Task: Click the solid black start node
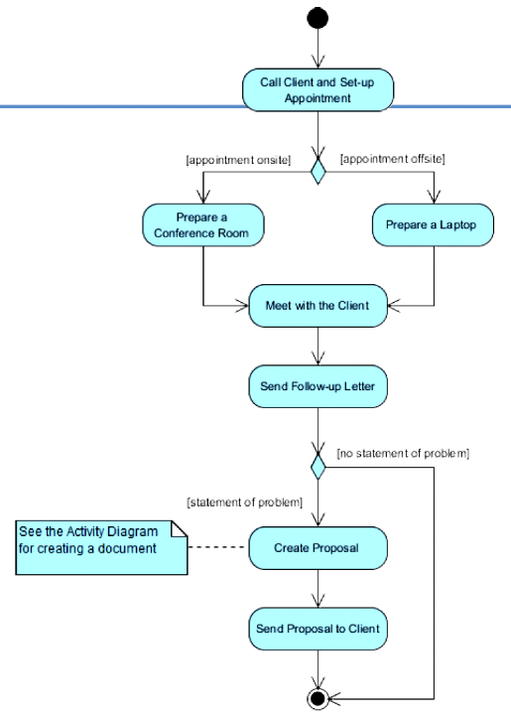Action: tap(318, 18)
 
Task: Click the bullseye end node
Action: tap(318, 699)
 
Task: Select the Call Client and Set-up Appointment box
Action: tap(318, 89)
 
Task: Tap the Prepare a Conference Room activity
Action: tap(203, 224)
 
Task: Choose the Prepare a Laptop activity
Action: tap(433, 224)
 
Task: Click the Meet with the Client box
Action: tap(318, 306)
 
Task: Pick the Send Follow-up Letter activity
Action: tap(318, 386)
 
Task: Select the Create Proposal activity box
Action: tap(318, 548)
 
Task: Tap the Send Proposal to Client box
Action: tap(318, 629)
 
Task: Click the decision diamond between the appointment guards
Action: tap(318, 171)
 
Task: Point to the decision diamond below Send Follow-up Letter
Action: tap(318, 467)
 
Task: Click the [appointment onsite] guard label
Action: tap(238, 160)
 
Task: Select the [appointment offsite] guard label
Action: tap(393, 159)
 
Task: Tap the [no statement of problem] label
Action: tap(403, 453)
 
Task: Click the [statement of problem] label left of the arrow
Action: tap(245, 503)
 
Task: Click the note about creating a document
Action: tap(101, 547)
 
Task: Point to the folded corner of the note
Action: tap(180, 527)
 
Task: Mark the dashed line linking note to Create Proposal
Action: tap(216, 547)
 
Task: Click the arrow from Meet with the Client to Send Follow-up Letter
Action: tap(318, 346)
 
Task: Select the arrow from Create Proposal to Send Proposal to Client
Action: tap(318, 589)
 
